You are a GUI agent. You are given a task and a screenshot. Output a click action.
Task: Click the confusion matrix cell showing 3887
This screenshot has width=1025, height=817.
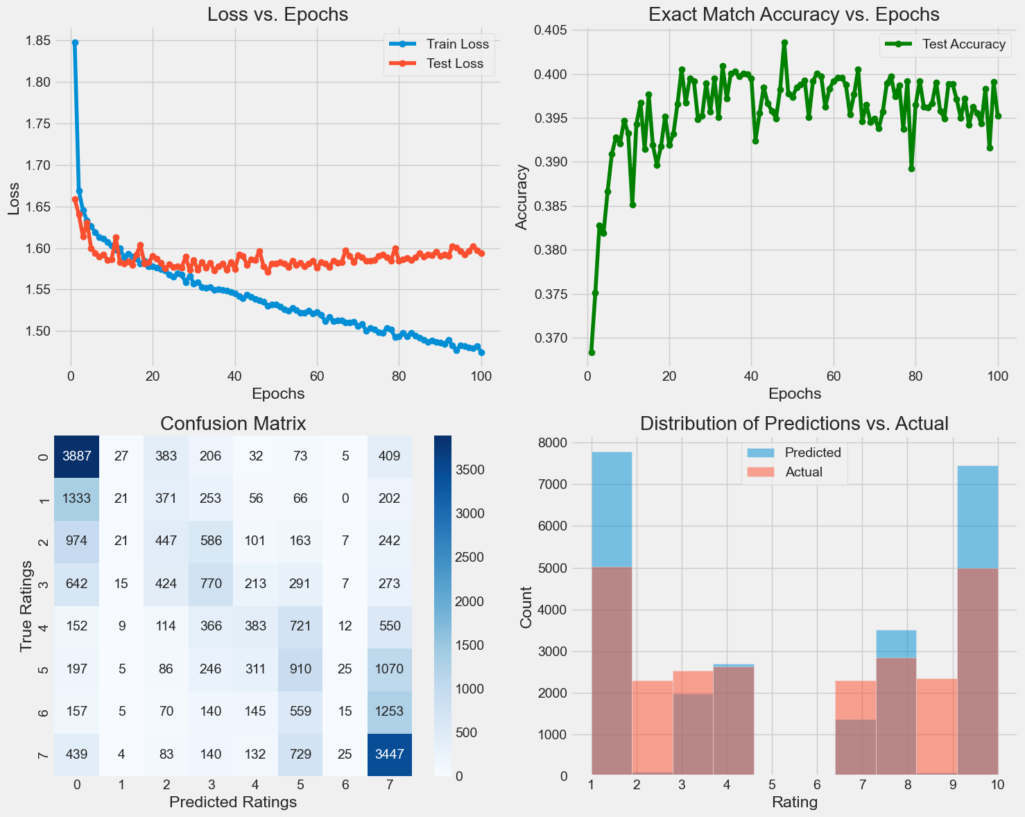click(x=76, y=455)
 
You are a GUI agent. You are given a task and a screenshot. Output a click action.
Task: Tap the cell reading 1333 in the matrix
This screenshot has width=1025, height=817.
click(x=76, y=498)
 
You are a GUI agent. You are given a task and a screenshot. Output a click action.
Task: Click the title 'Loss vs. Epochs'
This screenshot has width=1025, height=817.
click(x=277, y=15)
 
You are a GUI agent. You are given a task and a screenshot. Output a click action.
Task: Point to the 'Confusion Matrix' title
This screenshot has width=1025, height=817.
click(x=233, y=424)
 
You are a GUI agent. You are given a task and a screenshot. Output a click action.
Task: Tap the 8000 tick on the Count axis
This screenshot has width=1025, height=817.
click(x=553, y=443)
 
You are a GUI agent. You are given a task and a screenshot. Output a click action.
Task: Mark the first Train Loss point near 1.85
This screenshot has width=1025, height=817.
click(x=75, y=42)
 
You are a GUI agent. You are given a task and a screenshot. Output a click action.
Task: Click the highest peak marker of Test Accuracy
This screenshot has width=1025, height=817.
click(x=784, y=42)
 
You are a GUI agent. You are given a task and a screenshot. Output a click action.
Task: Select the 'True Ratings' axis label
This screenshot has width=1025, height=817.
click(x=26, y=605)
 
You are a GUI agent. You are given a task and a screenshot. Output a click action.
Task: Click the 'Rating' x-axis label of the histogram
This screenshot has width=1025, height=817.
click(x=795, y=802)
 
